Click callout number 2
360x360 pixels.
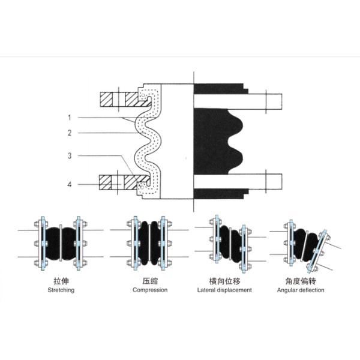(x=70, y=132)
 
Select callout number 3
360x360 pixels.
(x=70, y=156)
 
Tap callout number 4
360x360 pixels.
(x=70, y=185)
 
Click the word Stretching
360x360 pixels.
(x=61, y=290)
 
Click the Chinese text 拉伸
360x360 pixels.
(x=61, y=280)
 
